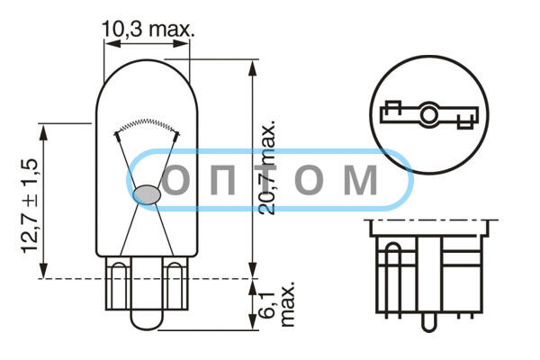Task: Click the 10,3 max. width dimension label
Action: pyautogui.click(x=148, y=30)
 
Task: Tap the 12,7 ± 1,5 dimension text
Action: pyautogui.click(x=29, y=206)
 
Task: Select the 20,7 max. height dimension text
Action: pyautogui.click(x=267, y=167)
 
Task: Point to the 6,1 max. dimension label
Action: pyautogui.click(x=277, y=304)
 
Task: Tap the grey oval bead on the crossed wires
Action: pyautogui.click(x=147, y=194)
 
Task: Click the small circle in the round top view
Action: pyautogui.click(x=429, y=114)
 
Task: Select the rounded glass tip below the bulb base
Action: pyautogui.click(x=147, y=319)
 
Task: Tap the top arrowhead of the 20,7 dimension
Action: pyautogui.click(x=252, y=67)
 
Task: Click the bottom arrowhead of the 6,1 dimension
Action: pyautogui.click(x=252, y=322)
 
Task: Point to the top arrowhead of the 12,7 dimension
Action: pyautogui.click(x=43, y=131)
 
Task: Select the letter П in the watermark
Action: pyautogui.click(x=223, y=179)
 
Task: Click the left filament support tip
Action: pyautogui.click(x=117, y=137)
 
